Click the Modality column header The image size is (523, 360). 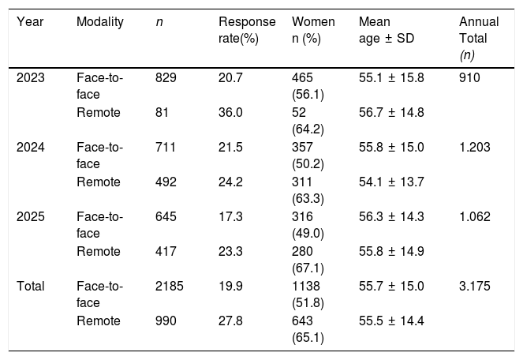100,22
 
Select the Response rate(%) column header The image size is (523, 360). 247,30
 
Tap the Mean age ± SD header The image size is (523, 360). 387,30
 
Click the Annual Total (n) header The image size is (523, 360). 479,39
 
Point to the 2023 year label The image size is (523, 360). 30,78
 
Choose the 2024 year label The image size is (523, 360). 30,148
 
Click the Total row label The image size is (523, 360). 30,287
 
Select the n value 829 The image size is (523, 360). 166,78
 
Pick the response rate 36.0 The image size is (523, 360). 230,113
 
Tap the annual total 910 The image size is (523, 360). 469,78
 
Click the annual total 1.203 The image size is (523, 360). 475,148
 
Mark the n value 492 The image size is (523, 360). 166,182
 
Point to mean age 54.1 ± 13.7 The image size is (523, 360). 391,182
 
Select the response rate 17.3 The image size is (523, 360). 230,217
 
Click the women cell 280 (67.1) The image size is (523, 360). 308,260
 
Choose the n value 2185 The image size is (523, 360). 169,287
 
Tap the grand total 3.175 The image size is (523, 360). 475,287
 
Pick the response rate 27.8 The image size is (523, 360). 230,321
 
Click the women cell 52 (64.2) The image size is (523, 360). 308,121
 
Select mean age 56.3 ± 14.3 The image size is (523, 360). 391,217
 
